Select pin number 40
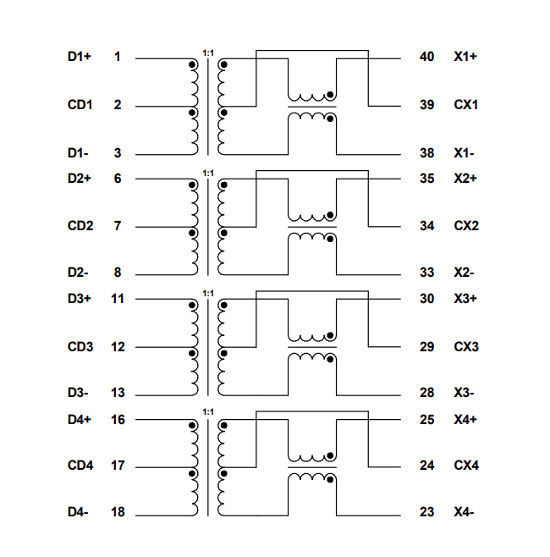coord(426,57)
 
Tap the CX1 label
coord(466,105)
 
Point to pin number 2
coord(117,105)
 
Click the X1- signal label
coord(464,153)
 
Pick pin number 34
coord(426,226)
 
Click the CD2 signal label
coord(80,226)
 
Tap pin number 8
coord(117,273)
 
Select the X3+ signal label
coord(465,299)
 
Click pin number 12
coord(117,347)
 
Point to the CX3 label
coord(466,347)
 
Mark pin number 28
coord(426,393)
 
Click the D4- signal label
coord(78,512)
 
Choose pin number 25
coord(426,419)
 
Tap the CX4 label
coord(466,466)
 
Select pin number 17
coord(117,466)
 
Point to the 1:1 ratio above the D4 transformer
coord(208,412)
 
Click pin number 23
coord(426,512)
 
